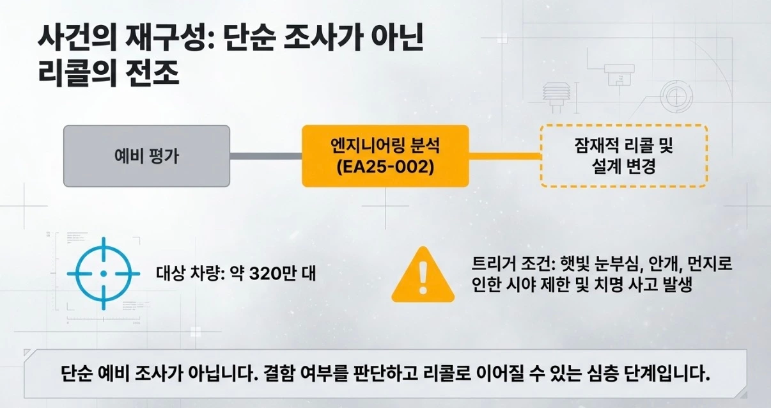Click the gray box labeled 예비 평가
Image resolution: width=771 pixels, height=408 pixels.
click(x=146, y=156)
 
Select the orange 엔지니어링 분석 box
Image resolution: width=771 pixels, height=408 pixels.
click(x=385, y=155)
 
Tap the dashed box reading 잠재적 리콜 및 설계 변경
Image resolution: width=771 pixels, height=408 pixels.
click(x=623, y=155)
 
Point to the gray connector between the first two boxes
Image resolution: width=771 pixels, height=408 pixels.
click(x=265, y=156)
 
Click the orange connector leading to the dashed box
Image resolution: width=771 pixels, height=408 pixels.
click(x=504, y=155)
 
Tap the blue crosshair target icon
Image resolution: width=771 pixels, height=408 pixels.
click(x=104, y=273)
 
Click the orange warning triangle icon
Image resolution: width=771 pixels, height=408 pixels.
click(x=422, y=276)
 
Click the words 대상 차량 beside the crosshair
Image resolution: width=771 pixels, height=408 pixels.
click(x=182, y=274)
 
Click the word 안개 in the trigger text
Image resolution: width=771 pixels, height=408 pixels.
click(x=647, y=264)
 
